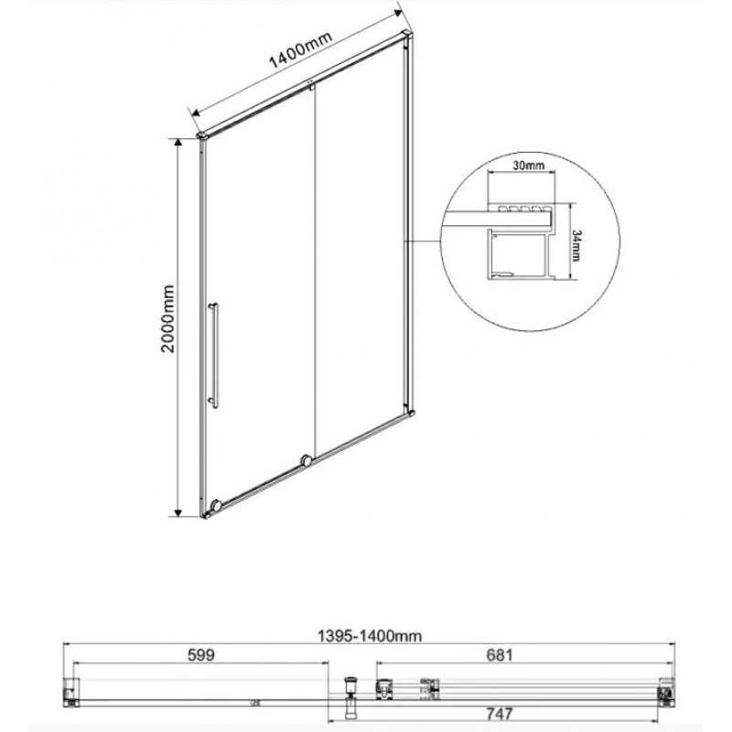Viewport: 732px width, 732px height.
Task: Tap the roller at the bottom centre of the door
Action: tap(307, 461)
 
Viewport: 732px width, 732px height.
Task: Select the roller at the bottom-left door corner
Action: tap(215, 505)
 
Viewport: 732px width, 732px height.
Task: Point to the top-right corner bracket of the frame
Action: tap(403, 38)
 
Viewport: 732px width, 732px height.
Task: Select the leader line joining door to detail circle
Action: tap(423, 242)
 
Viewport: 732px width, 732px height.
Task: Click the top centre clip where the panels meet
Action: tap(313, 88)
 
